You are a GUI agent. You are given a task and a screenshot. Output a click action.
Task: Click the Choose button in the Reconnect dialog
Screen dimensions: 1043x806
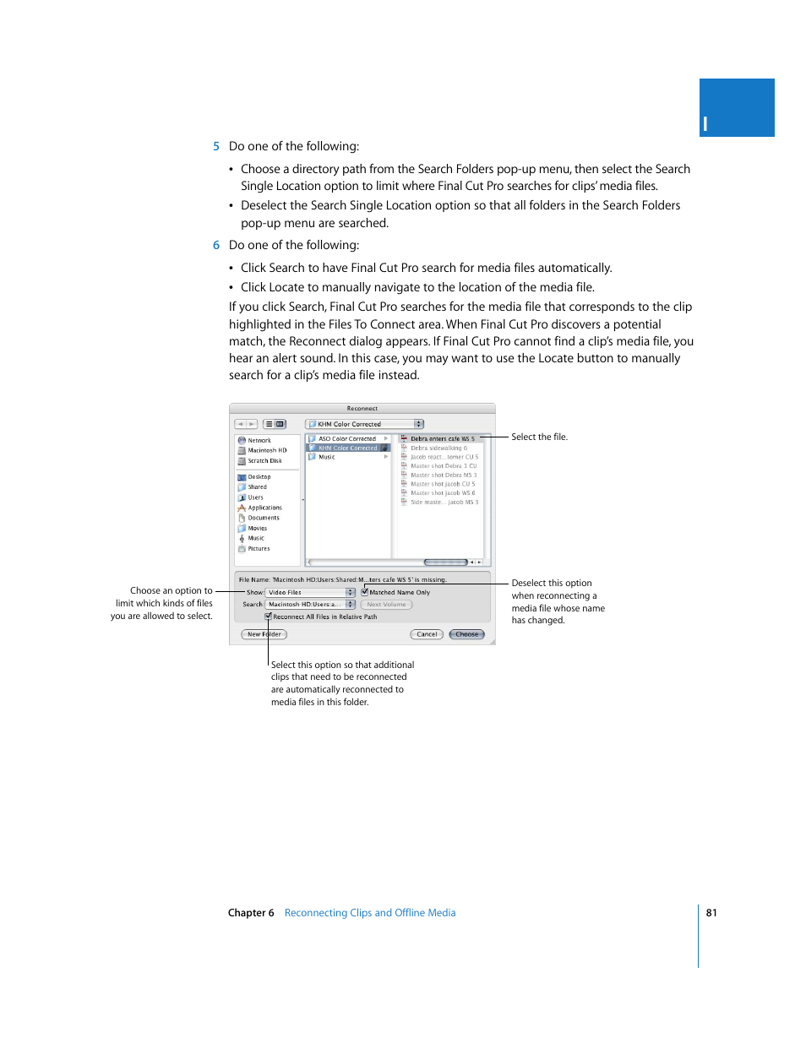click(466, 634)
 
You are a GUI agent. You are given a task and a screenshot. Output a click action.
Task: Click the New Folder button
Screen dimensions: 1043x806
click(264, 634)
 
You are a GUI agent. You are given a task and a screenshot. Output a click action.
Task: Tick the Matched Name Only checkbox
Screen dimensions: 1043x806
click(365, 592)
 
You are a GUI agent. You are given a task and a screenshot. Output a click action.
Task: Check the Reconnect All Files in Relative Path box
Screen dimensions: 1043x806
click(269, 617)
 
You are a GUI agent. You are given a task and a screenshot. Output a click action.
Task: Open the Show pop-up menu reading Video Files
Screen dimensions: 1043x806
click(310, 593)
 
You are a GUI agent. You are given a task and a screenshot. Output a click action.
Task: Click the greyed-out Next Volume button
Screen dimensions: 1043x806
click(386, 605)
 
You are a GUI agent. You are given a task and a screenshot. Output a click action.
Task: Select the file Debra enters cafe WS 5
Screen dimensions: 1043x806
click(442, 439)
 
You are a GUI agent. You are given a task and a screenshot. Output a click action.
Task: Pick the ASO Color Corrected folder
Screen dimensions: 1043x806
click(346, 439)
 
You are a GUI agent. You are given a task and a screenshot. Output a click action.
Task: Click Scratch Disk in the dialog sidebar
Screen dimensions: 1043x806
click(264, 461)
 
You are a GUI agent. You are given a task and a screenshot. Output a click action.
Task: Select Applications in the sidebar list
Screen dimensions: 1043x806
click(264, 508)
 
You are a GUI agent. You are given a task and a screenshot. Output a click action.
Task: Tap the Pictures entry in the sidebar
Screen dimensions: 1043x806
click(258, 549)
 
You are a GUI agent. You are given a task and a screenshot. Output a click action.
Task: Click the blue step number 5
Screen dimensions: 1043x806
click(216, 146)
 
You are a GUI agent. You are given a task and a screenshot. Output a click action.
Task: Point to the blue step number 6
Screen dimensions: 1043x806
click(216, 245)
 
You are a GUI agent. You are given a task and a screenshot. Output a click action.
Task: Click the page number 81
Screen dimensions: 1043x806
click(711, 913)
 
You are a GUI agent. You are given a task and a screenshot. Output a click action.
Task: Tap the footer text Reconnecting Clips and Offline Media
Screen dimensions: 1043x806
click(370, 913)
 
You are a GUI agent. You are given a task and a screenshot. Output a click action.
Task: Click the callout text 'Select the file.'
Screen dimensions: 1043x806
click(539, 437)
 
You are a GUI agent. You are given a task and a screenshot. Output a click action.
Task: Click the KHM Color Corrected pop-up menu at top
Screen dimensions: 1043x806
click(364, 424)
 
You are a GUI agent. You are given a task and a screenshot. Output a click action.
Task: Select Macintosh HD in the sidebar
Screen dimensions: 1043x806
click(266, 451)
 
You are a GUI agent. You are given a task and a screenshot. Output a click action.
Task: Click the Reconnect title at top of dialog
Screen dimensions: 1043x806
click(362, 409)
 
